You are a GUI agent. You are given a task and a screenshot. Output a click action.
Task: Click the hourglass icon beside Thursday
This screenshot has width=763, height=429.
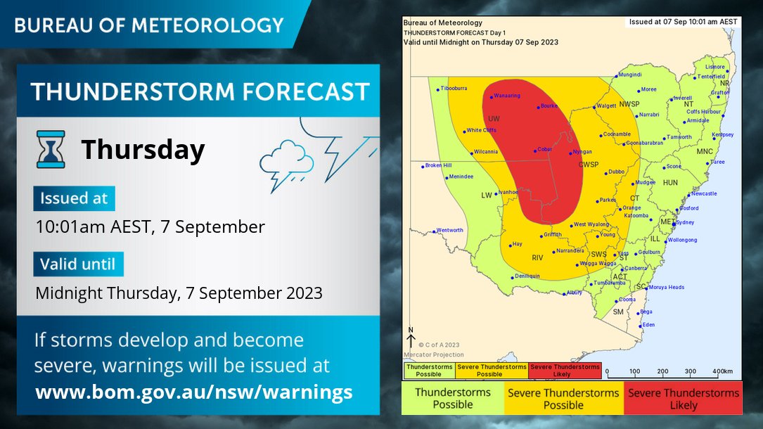tap(51, 148)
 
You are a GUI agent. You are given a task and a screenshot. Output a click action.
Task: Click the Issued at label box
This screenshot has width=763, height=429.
tap(74, 198)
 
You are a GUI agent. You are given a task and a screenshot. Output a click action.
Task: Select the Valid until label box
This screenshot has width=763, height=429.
tap(78, 264)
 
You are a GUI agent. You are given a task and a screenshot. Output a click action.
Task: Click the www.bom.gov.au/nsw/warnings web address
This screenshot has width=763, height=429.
tap(194, 391)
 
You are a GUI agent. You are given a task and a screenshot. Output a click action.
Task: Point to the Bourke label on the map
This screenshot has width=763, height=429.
tap(549, 106)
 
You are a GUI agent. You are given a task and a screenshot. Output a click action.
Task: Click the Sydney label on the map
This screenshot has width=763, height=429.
tap(684, 222)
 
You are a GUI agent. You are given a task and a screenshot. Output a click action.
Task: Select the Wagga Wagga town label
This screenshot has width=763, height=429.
tap(591, 264)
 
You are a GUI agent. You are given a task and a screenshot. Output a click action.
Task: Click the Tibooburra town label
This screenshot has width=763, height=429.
tap(454, 88)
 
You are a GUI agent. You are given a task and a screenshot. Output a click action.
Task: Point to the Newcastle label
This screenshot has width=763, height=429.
tap(703, 193)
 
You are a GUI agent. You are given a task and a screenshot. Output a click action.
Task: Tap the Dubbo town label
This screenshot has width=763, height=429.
tap(616, 171)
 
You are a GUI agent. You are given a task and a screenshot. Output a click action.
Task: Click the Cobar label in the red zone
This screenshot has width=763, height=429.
tap(544, 149)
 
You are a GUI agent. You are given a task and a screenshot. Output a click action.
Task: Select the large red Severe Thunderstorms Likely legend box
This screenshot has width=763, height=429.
tap(683, 399)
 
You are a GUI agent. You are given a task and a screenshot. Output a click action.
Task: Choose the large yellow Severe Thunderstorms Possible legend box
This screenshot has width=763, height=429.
tap(563, 399)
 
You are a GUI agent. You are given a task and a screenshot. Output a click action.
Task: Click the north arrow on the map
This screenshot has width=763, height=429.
tap(411, 338)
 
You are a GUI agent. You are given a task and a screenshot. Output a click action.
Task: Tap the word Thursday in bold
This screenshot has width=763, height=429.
tap(143, 150)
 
